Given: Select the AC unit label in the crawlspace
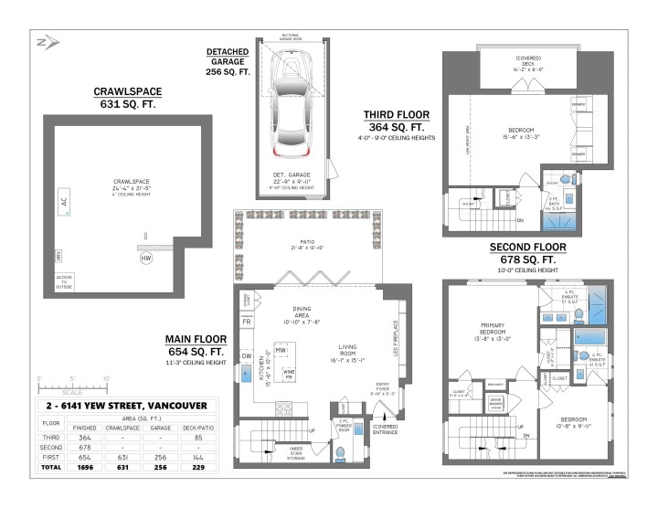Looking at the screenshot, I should (64, 203).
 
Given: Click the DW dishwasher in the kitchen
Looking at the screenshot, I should (247, 355).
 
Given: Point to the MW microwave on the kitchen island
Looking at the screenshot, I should (282, 350).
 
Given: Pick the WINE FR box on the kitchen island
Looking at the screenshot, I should (289, 374).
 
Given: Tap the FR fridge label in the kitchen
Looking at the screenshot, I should (247, 323).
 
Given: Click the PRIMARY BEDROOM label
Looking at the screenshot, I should (493, 330).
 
